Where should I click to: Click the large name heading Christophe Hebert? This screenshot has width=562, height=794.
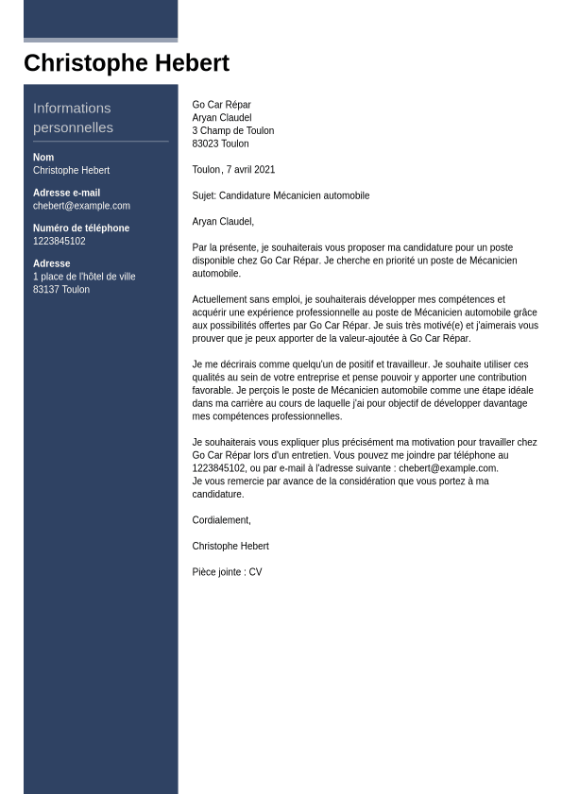pyautogui.click(x=126, y=63)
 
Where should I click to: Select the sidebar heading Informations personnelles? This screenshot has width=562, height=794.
pyautogui.click(x=73, y=117)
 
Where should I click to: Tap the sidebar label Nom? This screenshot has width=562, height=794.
pyautogui.click(x=43, y=158)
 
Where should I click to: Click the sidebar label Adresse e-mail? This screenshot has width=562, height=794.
pyautogui.click(x=66, y=193)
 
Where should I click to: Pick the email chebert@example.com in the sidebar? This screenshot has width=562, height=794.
pyautogui.click(x=81, y=206)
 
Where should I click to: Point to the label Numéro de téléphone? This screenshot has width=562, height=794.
pyautogui.click(x=81, y=228)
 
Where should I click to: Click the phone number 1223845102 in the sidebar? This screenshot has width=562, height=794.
pyautogui.click(x=60, y=242)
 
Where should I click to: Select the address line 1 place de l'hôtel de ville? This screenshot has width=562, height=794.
pyautogui.click(x=84, y=277)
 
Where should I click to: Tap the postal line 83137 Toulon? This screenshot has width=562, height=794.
pyautogui.click(x=61, y=290)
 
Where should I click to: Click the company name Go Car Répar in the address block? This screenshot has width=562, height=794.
pyautogui.click(x=221, y=105)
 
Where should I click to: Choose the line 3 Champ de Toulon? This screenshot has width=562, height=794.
pyautogui.click(x=233, y=131)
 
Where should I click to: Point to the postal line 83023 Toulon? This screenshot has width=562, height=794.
pyautogui.click(x=220, y=144)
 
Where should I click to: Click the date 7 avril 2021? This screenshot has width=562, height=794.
pyautogui.click(x=250, y=170)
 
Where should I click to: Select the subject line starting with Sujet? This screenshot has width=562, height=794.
pyautogui.click(x=281, y=196)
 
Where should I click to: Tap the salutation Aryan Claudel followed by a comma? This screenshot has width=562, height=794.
pyautogui.click(x=223, y=222)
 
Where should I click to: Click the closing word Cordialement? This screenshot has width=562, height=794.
pyautogui.click(x=221, y=520)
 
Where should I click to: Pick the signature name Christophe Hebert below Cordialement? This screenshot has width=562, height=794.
pyautogui.click(x=230, y=547)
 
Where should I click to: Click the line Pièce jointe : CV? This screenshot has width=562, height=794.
pyautogui.click(x=227, y=572)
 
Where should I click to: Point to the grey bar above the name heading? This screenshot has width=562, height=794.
pyautogui.click(x=100, y=40)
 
